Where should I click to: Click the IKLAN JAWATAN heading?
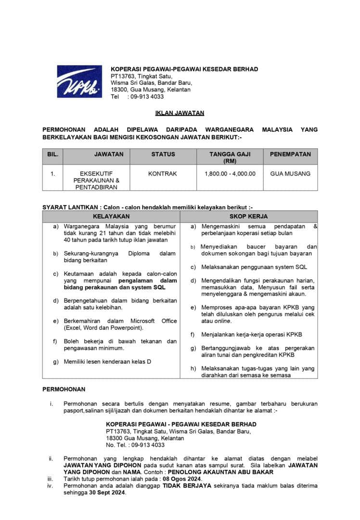tap(180, 113)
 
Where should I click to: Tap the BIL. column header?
tap(53, 155)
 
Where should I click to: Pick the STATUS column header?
tap(163, 155)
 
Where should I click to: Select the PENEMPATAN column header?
tap(290, 155)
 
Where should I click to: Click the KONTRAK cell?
tap(163, 173)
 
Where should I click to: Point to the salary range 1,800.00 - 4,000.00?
tap(230, 173)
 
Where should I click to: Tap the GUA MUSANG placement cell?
tap(290, 173)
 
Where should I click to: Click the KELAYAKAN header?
tap(111, 216)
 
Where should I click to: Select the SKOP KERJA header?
tap(248, 216)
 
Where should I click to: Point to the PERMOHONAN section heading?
tap(64, 390)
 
